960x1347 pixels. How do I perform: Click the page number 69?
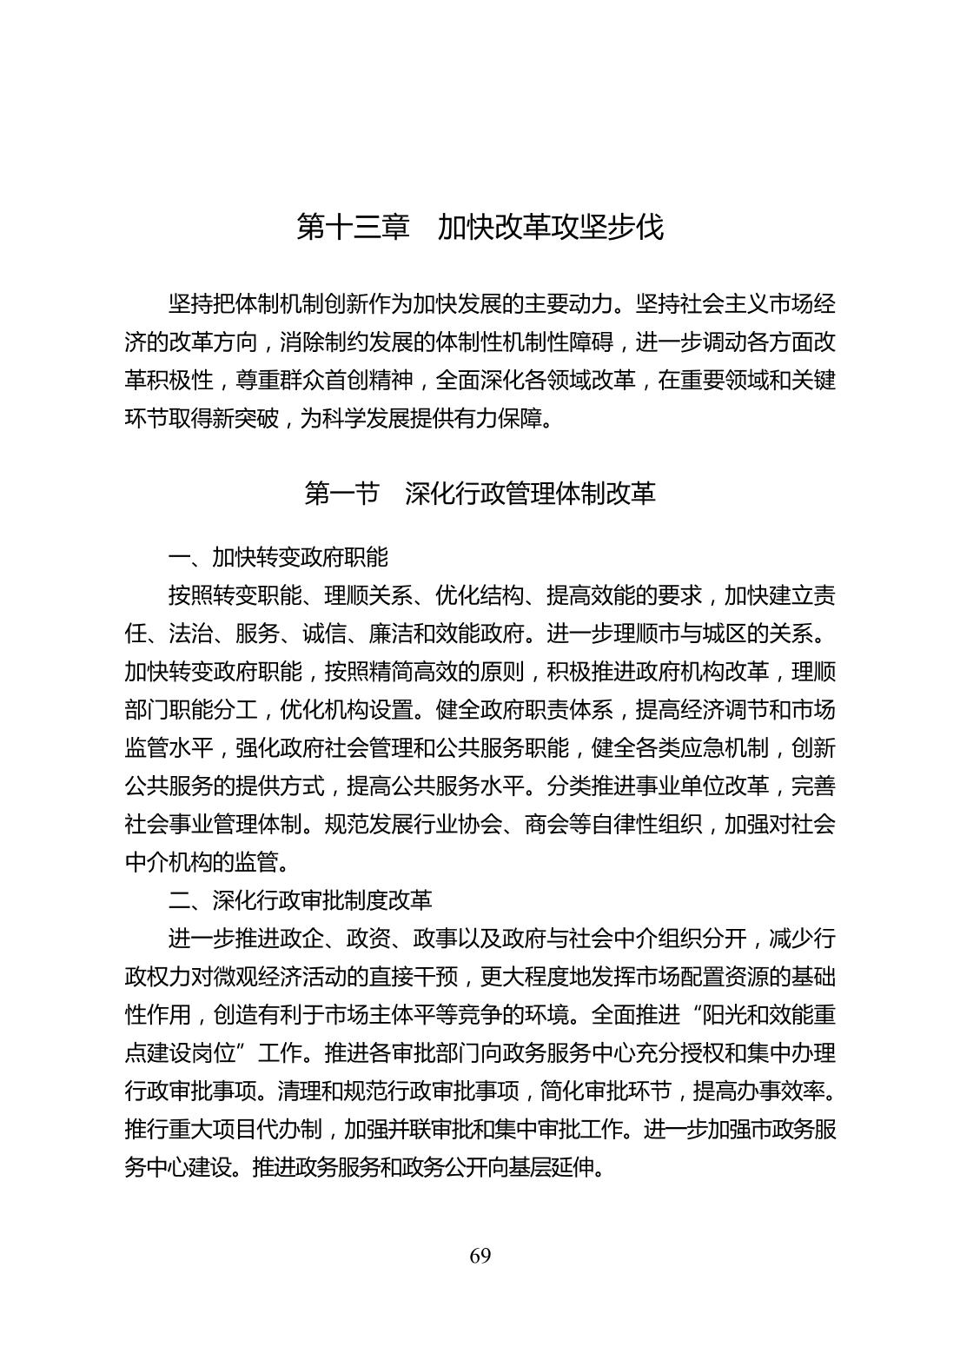480,1256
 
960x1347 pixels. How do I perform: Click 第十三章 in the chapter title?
353,227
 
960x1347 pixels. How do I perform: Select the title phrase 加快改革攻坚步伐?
550,227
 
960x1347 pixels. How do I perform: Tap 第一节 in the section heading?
341,494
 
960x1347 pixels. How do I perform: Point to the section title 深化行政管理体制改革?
530,494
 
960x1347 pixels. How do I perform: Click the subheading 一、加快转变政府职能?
278,557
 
